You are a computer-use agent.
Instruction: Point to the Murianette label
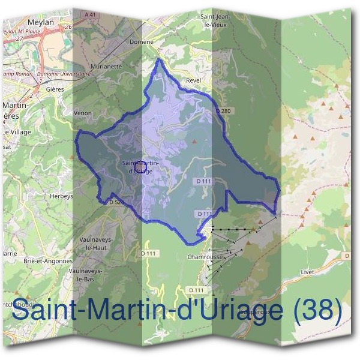[106, 67]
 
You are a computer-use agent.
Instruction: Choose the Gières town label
[55, 89]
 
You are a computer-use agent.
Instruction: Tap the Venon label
[82, 112]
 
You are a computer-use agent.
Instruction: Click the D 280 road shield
[223, 111]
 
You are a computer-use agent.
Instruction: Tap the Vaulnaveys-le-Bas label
[89, 275]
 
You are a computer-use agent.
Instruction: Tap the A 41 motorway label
[91, 14]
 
